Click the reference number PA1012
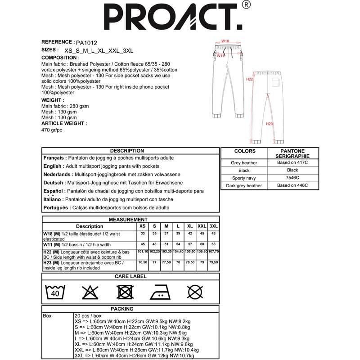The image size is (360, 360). point(86,42)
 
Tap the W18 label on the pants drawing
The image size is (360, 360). point(225,41)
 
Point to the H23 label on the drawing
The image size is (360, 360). point(269,124)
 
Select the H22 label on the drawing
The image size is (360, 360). point(250,79)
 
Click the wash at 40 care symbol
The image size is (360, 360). point(55,292)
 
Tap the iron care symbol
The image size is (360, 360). point(160,292)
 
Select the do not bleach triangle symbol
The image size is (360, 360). point(90,292)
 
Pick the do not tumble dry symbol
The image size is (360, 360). point(125,292)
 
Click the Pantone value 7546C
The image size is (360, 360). point(292,178)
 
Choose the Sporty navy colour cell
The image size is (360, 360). point(243,178)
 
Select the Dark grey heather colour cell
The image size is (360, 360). point(243,185)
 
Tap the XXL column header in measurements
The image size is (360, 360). point(202,226)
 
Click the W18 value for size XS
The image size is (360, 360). point(143,234)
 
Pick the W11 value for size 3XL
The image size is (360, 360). point(214,245)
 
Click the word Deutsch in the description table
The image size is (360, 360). point(54,183)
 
